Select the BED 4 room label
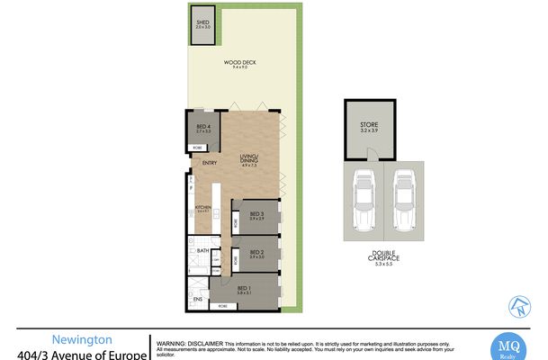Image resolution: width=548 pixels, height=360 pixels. [x=202, y=127]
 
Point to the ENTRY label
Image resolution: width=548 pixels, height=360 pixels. [x=209, y=163]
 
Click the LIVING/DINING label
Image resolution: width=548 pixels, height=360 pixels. [x=248, y=161]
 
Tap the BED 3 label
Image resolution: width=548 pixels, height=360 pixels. [x=257, y=214]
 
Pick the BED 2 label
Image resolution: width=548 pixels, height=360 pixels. [x=257, y=253]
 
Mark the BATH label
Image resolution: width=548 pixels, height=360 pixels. [x=202, y=251]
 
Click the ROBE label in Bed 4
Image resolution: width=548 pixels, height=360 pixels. [x=197, y=147]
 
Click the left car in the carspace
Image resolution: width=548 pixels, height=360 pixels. [x=364, y=202]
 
